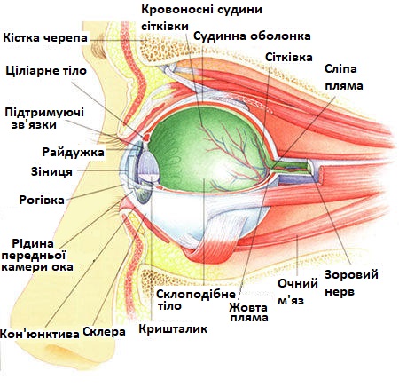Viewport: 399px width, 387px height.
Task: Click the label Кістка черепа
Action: click(x=45, y=38)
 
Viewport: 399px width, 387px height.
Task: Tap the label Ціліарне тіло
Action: click(x=46, y=71)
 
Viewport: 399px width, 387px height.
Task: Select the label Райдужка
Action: click(x=73, y=152)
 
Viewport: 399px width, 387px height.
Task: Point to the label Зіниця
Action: click(x=51, y=171)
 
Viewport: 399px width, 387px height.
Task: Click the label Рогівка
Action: click(x=42, y=200)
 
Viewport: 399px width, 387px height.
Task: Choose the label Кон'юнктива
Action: click(x=40, y=334)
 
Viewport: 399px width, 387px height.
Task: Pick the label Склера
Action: click(x=104, y=331)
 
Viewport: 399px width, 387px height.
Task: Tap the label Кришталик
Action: click(x=173, y=328)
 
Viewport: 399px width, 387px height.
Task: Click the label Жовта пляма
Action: click(x=248, y=312)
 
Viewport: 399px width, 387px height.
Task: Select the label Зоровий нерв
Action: click(x=351, y=283)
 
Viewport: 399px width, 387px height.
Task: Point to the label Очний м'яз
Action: click(x=297, y=292)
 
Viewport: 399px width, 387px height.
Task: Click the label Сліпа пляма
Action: click(x=343, y=77)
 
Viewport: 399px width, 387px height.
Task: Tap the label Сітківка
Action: click(x=288, y=57)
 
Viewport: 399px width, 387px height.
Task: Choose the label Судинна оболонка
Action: click(x=252, y=36)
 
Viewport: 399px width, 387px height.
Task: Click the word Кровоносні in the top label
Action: click(x=177, y=10)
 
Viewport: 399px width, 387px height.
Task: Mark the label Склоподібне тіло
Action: click(x=196, y=300)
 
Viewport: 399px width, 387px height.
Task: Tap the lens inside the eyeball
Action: click(x=150, y=166)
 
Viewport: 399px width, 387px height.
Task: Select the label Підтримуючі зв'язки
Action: click(x=44, y=118)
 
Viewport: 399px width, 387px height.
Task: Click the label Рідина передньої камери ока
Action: click(x=37, y=256)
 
